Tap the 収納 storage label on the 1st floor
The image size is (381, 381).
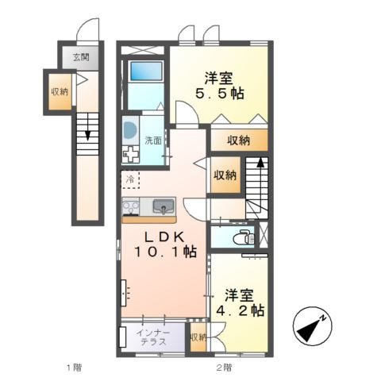(x=60, y=92)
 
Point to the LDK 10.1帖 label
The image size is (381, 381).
(x=164, y=244)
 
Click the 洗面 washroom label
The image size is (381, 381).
(x=152, y=140)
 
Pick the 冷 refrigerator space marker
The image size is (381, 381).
(x=129, y=179)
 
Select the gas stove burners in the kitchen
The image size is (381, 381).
(x=131, y=208)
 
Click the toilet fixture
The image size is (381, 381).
(x=243, y=237)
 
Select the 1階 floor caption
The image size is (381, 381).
(x=73, y=368)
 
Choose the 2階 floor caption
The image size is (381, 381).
(x=223, y=368)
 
